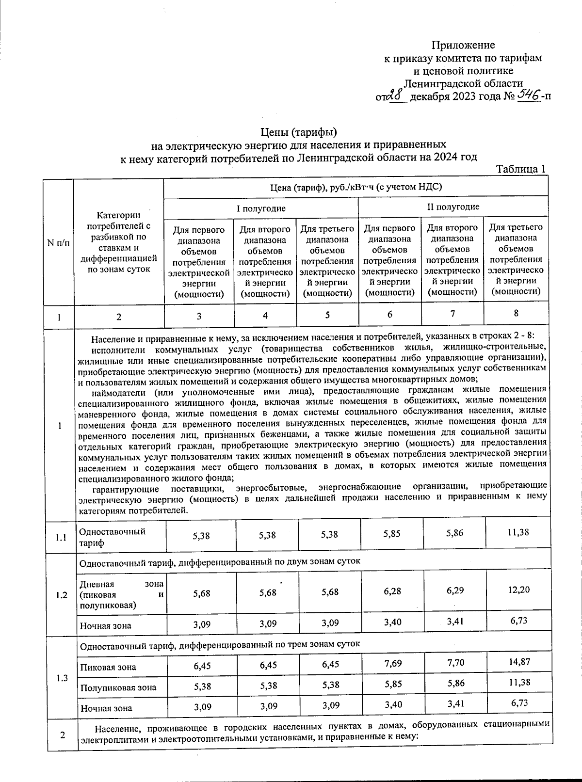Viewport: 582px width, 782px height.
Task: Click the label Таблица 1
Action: [521, 169]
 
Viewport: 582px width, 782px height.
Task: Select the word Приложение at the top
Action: [463, 45]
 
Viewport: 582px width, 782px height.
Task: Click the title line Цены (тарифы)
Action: [298, 132]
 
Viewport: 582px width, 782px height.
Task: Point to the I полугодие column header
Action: [261, 208]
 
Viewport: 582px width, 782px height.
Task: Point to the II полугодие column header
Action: [453, 207]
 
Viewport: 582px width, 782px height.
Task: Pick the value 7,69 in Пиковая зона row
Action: [392, 663]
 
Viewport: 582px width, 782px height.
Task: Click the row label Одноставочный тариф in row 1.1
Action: [112, 537]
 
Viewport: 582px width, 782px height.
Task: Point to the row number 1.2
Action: [62, 595]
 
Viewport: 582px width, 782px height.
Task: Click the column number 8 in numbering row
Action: [516, 313]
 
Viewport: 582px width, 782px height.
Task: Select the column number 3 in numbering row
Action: [199, 316]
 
